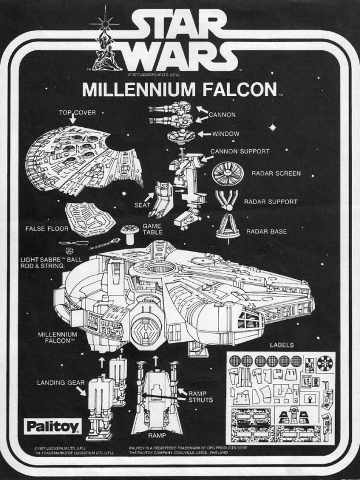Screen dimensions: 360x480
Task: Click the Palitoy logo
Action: pyautogui.click(x=53, y=426)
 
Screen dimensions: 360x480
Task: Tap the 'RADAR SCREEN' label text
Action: pyautogui.click(x=276, y=173)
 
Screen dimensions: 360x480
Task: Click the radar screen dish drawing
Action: pyautogui.click(x=228, y=174)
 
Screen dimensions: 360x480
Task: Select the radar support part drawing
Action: pyautogui.click(x=227, y=200)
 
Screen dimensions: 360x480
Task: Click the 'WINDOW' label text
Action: pyautogui.click(x=226, y=134)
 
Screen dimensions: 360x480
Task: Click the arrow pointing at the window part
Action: pyautogui.click(x=204, y=134)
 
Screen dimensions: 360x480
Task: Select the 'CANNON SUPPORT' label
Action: pyautogui.click(x=240, y=151)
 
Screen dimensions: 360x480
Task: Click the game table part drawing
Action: pyautogui.click(x=129, y=232)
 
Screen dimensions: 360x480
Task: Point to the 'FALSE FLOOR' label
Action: pyautogui.click(x=47, y=228)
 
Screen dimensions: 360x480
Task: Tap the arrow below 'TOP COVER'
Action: pyautogui.click(x=72, y=119)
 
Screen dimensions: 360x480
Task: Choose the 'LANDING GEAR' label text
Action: pyautogui.click(x=61, y=382)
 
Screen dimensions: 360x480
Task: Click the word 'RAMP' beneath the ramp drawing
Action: pyautogui.click(x=157, y=435)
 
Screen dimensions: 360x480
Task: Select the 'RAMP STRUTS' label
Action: pyautogui.click(x=201, y=397)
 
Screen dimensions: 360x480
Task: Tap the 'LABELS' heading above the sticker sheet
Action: pyautogui.click(x=281, y=345)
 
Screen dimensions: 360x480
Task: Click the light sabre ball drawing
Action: pyautogui.click(x=70, y=252)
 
